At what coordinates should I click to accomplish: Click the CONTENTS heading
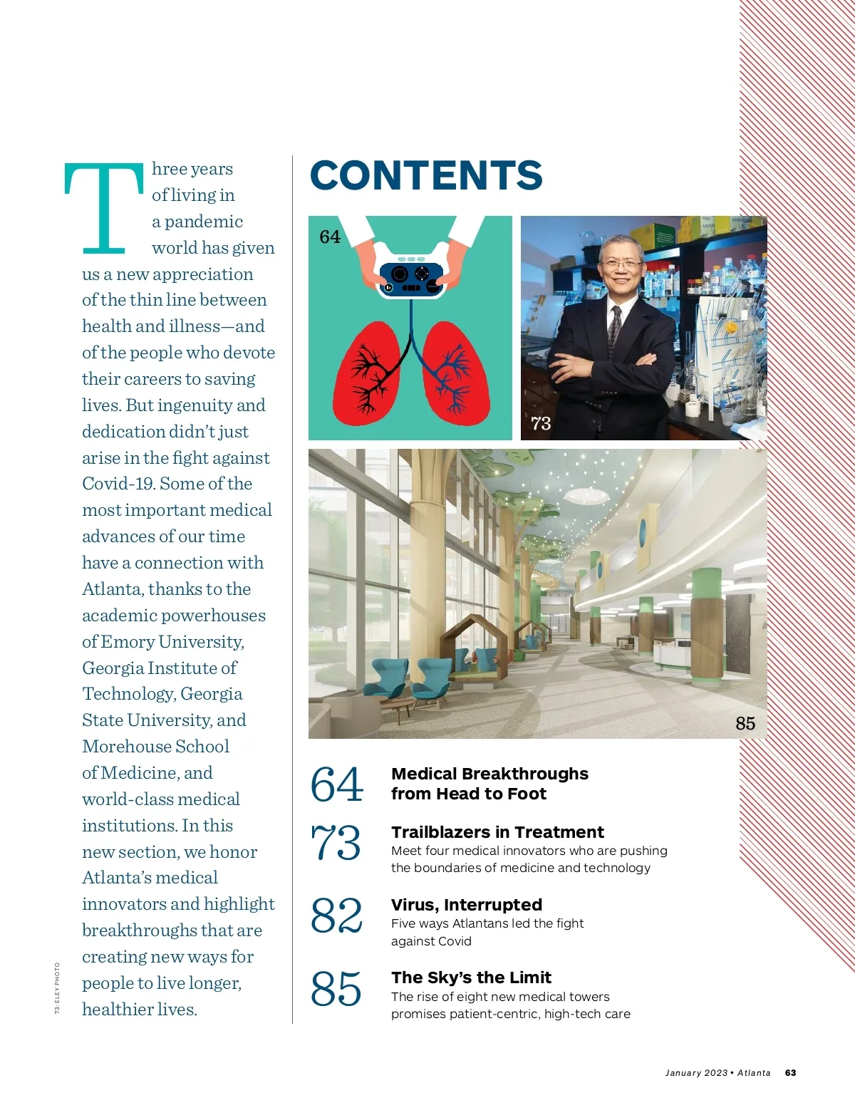coord(426,175)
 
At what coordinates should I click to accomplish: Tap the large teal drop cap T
coord(104,208)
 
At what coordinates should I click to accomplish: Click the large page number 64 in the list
coord(336,784)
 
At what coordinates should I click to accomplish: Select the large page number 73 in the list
coord(336,842)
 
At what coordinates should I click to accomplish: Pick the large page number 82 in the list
coord(336,916)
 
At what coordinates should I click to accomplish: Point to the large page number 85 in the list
coord(336,989)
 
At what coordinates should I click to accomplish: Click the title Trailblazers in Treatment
coord(497,832)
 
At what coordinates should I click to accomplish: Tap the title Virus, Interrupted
coord(467,905)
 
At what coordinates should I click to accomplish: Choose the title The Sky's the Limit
coord(471,977)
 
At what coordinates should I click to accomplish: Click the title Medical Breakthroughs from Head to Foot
coord(489,784)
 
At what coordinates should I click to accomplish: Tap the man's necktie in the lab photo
coord(614,331)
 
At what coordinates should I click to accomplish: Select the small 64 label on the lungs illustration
coord(330,237)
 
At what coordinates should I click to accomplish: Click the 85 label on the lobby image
coord(745,723)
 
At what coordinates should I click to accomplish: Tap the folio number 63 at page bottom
coord(790,1073)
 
